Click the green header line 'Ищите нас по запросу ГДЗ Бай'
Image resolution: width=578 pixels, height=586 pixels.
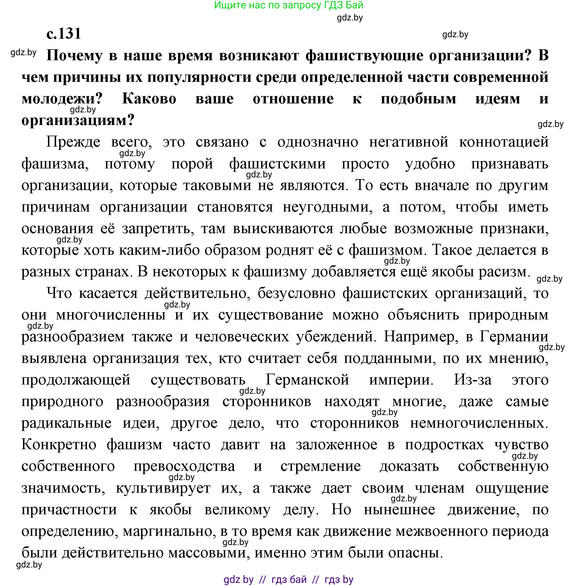[289, 5]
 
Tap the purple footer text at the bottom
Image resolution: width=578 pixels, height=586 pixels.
[289, 579]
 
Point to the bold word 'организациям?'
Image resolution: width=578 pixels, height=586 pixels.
[78, 121]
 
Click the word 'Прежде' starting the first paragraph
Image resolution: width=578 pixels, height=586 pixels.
[73, 142]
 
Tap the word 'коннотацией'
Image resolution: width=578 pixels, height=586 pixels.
[504, 142]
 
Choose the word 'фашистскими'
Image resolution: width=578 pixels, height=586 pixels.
[277, 164]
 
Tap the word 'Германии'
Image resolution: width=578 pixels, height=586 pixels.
[514, 337]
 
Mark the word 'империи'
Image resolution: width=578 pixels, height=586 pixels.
[401, 380]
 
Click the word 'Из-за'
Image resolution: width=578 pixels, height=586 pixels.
[473, 380]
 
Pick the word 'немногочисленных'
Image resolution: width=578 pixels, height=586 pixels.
[479, 423]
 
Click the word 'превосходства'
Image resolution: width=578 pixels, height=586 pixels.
[184, 466]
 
